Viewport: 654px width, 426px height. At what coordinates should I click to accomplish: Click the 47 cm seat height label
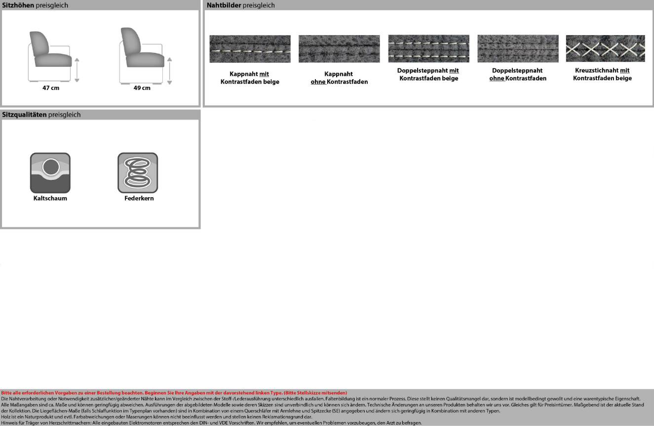tap(51, 88)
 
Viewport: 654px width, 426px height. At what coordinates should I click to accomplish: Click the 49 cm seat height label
tap(142, 88)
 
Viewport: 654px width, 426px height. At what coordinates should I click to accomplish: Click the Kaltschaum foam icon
tap(50, 172)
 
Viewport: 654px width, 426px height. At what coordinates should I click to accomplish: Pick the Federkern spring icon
tap(138, 172)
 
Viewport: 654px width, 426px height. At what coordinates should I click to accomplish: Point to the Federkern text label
tap(139, 198)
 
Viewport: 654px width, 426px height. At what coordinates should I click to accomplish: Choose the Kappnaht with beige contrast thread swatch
tap(250, 49)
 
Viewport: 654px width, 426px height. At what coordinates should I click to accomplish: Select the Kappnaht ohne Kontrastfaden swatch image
tap(339, 49)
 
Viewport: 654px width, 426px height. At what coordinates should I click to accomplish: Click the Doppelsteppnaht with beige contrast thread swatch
tap(428, 48)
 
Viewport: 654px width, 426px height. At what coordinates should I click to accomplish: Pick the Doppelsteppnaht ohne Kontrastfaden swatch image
tap(518, 48)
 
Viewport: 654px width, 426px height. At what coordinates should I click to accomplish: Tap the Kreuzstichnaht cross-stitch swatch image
tap(605, 48)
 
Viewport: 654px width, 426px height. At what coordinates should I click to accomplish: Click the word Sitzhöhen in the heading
tap(18, 5)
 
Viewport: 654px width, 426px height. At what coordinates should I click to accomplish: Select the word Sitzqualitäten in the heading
tap(24, 115)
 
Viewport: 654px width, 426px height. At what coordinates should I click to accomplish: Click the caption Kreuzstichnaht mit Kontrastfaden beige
tap(602, 74)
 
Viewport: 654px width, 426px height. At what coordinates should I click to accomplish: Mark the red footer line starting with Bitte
tap(174, 392)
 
